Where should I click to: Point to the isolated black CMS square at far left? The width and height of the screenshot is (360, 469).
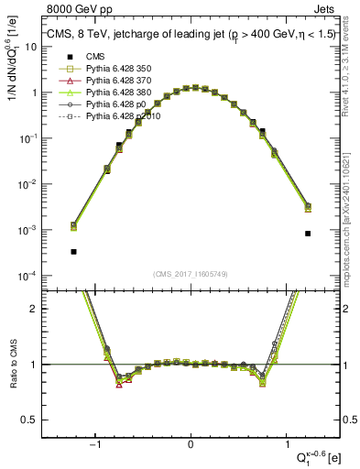[73, 251]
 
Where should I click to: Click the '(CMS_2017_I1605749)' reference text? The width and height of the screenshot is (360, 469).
[191, 274]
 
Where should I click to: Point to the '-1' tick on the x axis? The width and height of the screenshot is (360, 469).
[95, 445]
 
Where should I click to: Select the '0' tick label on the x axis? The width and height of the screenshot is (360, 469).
[191, 445]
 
